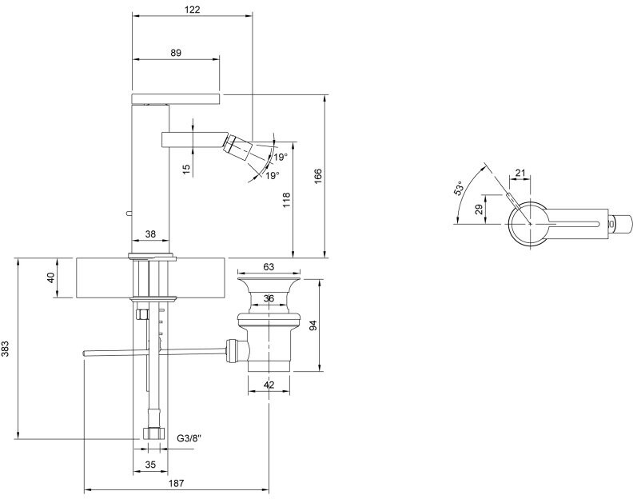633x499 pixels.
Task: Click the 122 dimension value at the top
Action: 192,9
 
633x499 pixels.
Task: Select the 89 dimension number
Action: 176,53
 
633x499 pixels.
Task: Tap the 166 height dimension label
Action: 318,176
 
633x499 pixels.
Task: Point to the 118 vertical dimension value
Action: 286,200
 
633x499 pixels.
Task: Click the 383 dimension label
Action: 6,349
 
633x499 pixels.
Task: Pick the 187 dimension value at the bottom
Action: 176,483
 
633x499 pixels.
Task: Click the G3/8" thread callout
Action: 189,438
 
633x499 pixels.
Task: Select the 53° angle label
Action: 459,189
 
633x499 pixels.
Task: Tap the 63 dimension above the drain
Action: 269,266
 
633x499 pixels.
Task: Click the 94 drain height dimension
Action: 313,325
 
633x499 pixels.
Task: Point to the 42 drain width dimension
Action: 269,385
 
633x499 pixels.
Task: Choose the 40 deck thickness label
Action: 51,278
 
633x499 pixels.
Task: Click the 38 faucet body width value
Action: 150,234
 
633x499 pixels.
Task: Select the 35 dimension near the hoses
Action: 150,465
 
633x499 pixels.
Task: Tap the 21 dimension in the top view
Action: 520,173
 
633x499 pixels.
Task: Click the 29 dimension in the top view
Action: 479,209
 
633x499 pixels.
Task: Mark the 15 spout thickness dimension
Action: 186,169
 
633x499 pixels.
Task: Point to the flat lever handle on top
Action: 176,98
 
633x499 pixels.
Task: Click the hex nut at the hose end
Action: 153,434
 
